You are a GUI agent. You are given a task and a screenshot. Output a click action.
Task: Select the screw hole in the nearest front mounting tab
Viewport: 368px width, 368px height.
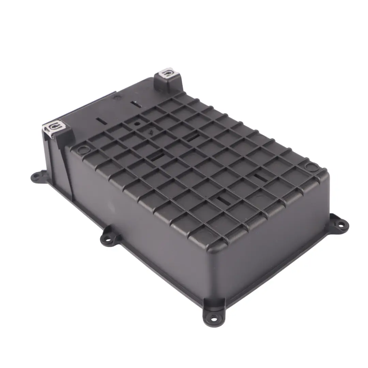pos(214,320)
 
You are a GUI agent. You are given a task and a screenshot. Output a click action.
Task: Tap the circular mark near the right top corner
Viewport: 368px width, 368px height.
pos(310,167)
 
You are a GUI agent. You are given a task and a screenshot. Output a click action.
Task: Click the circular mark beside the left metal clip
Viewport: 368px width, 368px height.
pos(83,149)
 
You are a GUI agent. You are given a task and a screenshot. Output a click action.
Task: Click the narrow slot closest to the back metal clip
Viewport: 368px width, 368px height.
pos(134,103)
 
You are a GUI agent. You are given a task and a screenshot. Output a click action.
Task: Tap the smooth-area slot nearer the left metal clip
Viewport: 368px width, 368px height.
pos(102,121)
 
